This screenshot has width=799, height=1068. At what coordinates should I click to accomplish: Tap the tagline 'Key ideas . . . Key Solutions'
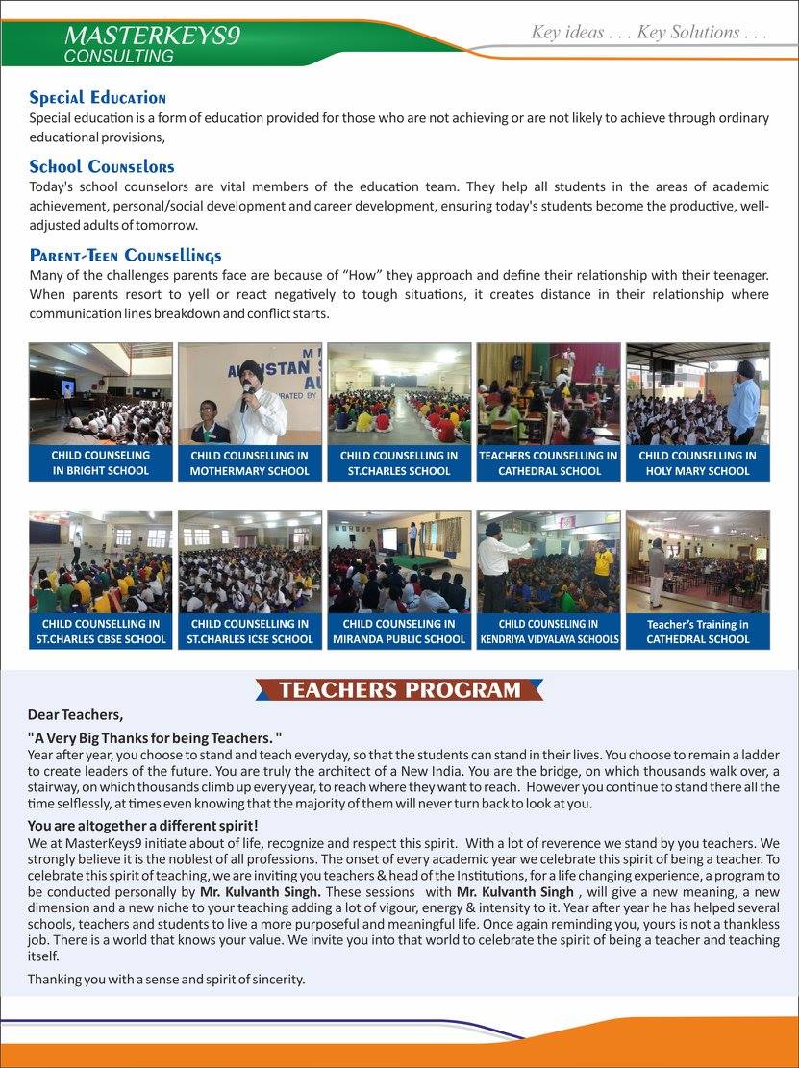pyautogui.click(x=649, y=33)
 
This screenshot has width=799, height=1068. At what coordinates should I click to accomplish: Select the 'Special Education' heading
pyautogui.click(x=97, y=98)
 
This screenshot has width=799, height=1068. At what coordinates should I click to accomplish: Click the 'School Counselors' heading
pyautogui.click(x=101, y=166)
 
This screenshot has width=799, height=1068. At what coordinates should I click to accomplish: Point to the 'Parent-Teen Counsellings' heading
pyautogui.click(x=125, y=255)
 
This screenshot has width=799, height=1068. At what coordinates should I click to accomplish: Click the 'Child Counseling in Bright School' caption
pyautogui.click(x=101, y=462)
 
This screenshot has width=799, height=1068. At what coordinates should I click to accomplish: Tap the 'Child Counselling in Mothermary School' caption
pyautogui.click(x=250, y=462)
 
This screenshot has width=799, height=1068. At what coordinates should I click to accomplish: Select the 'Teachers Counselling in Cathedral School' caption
pyautogui.click(x=548, y=462)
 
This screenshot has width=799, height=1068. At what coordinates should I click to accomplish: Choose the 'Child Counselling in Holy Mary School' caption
pyautogui.click(x=697, y=462)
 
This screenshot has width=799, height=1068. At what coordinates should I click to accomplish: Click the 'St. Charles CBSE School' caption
pyautogui.click(x=101, y=631)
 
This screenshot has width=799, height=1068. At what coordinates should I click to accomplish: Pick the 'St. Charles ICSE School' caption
pyautogui.click(x=250, y=631)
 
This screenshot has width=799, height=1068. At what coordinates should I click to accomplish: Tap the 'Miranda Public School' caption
pyautogui.click(x=399, y=631)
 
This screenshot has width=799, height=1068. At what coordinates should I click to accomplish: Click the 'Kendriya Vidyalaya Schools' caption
pyautogui.click(x=548, y=631)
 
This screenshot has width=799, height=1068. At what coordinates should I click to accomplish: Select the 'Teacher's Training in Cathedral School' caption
pyautogui.click(x=697, y=631)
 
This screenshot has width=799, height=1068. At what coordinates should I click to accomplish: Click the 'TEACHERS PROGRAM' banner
pyautogui.click(x=399, y=690)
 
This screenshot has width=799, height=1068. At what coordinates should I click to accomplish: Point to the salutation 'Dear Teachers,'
pyautogui.click(x=75, y=715)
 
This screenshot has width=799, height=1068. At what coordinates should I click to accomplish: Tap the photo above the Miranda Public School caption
pyautogui.click(x=399, y=562)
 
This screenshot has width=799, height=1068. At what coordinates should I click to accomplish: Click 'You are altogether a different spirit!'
pyautogui.click(x=142, y=826)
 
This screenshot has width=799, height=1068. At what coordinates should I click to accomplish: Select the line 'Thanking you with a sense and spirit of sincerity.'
pyautogui.click(x=165, y=979)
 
